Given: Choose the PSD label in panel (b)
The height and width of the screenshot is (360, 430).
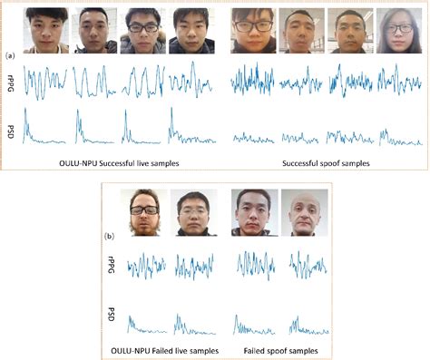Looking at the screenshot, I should click(112, 320).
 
